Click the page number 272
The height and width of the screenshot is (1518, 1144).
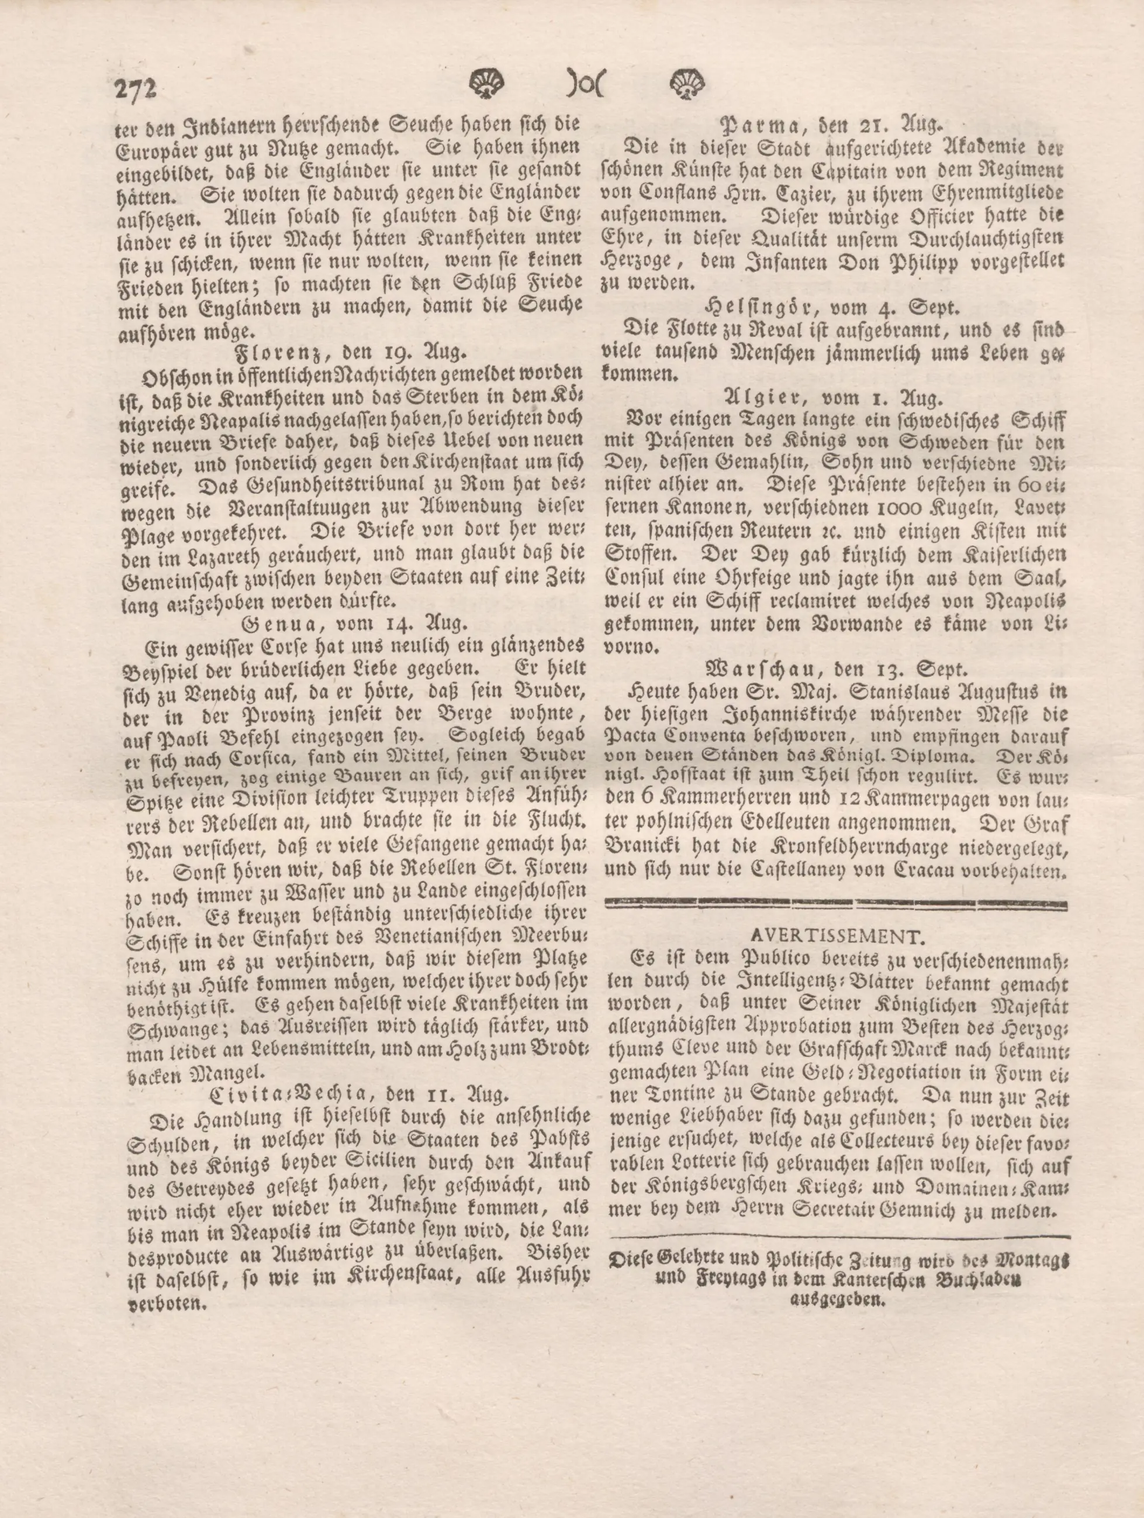pyautogui.click(x=136, y=90)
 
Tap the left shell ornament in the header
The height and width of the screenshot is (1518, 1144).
pyautogui.click(x=487, y=85)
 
